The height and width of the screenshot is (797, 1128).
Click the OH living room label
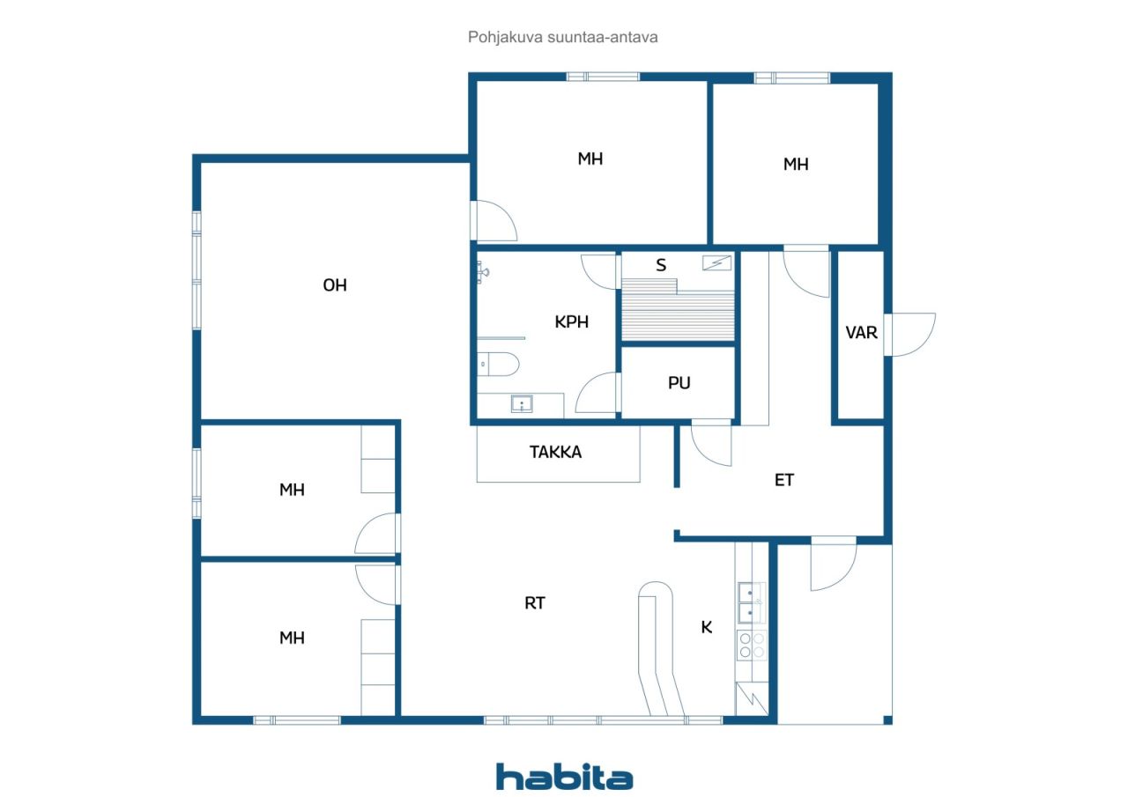[x=335, y=285]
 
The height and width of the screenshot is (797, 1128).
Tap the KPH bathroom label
[x=572, y=322]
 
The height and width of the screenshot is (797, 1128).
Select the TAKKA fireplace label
[x=555, y=453]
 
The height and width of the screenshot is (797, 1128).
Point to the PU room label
[x=679, y=383]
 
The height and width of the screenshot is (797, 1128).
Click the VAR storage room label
[x=861, y=333]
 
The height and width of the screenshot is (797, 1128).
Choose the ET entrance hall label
[x=784, y=481]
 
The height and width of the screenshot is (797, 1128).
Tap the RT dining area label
[x=535, y=603]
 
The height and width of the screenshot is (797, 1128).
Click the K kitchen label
[x=707, y=627]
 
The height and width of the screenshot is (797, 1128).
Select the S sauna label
[x=661, y=265]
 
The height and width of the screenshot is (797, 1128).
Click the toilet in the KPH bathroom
[x=498, y=365]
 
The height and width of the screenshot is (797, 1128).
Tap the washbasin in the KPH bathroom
[x=522, y=403]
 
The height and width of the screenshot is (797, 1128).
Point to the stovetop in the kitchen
[x=752, y=645]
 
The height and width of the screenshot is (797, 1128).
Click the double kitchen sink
[x=752, y=602]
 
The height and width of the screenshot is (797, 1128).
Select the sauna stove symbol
[x=716, y=262]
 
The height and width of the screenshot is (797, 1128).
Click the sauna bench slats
[x=678, y=311]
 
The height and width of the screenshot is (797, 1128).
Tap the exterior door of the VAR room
[x=910, y=335]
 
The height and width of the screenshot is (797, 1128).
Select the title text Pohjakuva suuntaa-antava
[x=562, y=37]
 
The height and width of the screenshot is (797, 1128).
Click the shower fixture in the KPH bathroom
[x=482, y=273]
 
